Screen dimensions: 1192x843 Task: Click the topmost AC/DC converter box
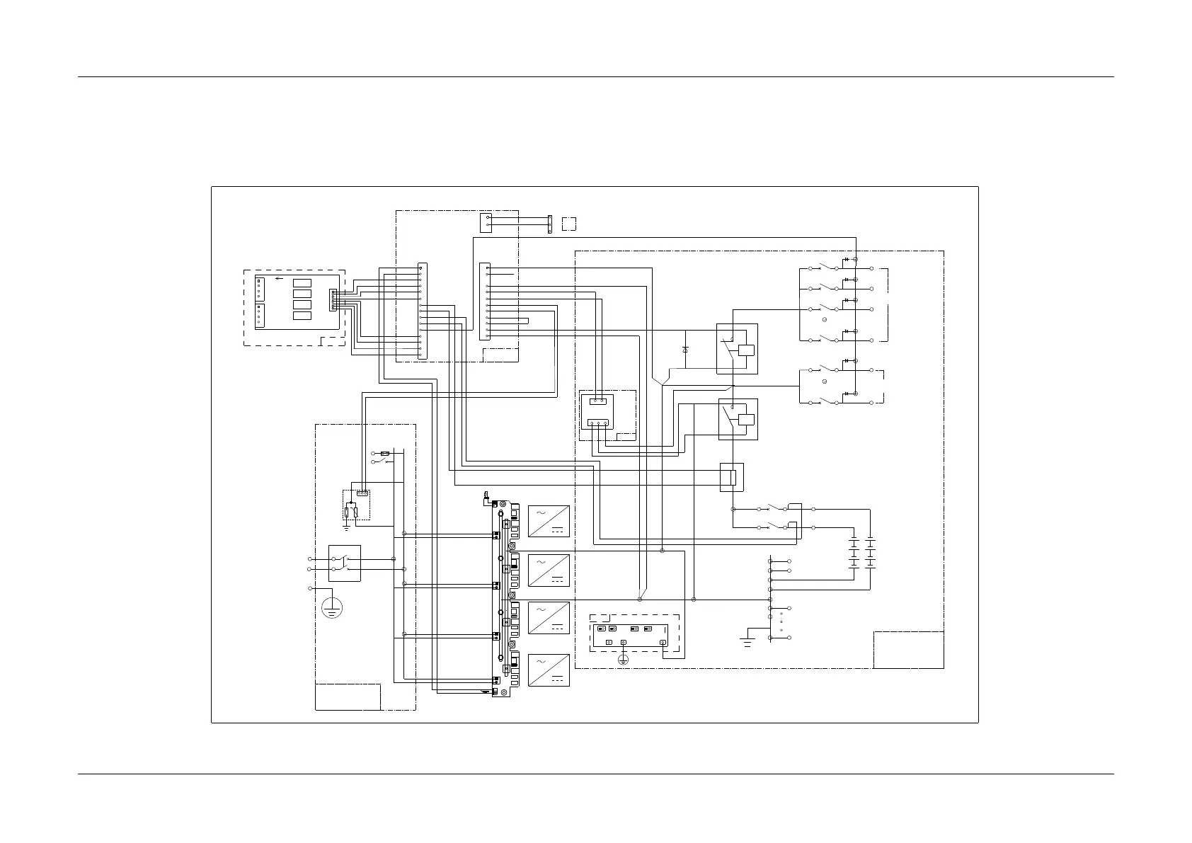(549, 521)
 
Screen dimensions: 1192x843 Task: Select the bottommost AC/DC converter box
(549, 670)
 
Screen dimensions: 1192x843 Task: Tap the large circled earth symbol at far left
(332, 607)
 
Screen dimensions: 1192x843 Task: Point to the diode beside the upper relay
(685, 350)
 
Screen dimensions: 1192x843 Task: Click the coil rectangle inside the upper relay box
(745, 350)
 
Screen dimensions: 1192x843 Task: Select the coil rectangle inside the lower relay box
(745, 418)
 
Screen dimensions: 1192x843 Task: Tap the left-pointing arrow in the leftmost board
(280, 278)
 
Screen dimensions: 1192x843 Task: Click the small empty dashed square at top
(568, 224)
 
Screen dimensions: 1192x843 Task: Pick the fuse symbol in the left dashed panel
(386, 453)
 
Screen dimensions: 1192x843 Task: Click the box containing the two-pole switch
(345, 563)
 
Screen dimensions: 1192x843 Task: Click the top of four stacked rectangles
(302, 283)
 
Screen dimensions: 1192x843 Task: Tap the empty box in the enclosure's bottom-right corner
(908, 650)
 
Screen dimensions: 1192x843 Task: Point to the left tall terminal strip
(423, 311)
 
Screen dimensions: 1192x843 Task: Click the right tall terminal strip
(484, 301)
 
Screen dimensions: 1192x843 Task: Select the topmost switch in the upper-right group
(824, 268)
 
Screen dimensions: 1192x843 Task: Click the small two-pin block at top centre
(486, 222)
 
